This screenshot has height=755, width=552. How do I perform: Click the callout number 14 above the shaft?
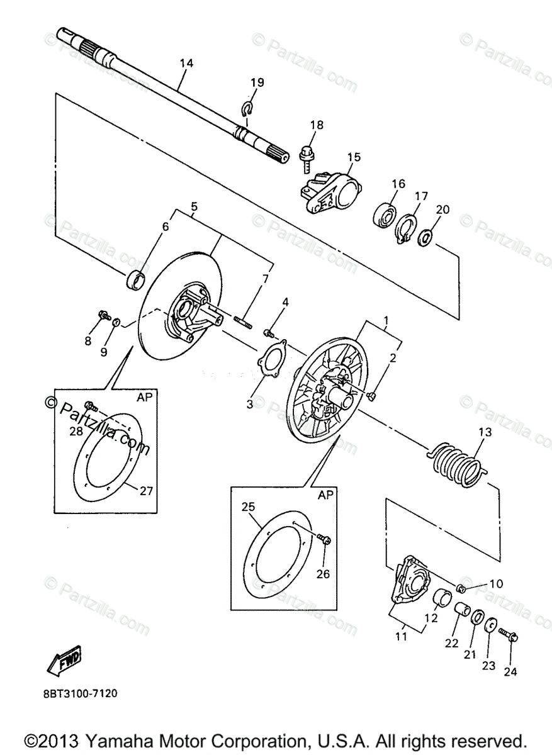click(x=186, y=63)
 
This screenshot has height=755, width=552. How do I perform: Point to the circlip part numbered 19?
click(x=248, y=108)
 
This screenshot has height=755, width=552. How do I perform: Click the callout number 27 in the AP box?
click(x=146, y=491)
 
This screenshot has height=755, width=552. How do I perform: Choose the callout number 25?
click(x=247, y=506)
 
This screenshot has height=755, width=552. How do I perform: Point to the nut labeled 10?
click(x=460, y=588)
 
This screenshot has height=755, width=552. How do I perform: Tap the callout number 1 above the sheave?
click(x=386, y=320)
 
